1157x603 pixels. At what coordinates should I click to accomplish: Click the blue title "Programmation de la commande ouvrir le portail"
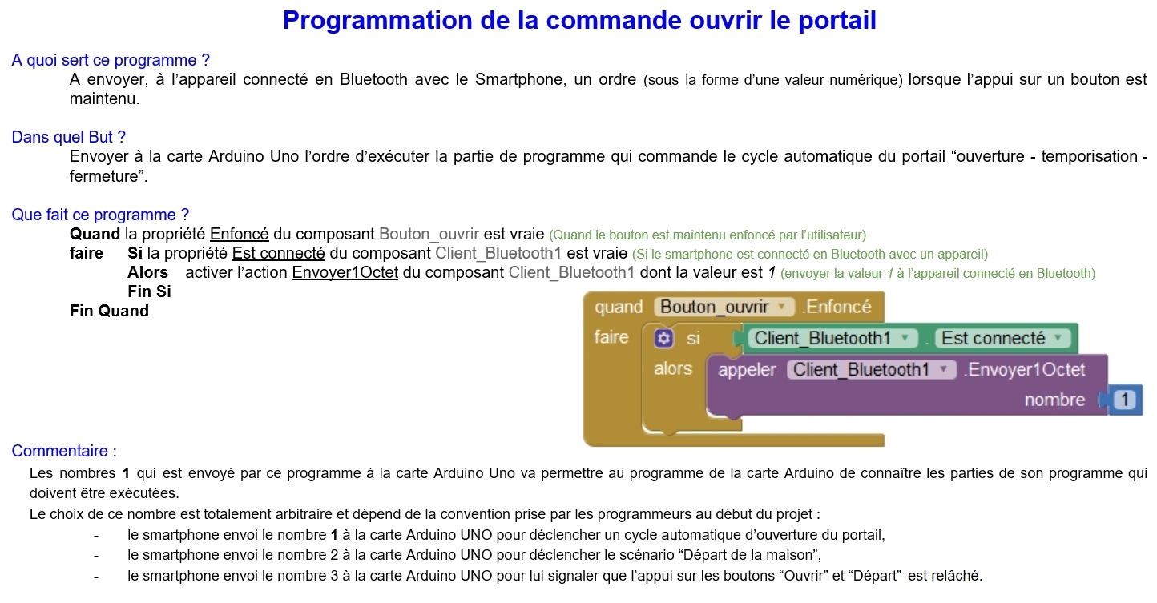pos(579,21)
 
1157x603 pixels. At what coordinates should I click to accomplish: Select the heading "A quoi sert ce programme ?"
pos(111,60)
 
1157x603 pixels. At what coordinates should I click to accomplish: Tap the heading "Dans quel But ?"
pos(69,137)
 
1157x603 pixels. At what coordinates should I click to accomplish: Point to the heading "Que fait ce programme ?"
pos(100,215)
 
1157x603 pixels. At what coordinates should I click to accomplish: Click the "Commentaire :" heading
pos(64,451)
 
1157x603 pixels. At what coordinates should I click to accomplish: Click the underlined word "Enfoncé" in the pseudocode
pos(239,234)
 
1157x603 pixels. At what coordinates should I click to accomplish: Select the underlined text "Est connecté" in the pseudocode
pos(278,253)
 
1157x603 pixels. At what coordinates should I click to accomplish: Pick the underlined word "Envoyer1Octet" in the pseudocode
pos(345,272)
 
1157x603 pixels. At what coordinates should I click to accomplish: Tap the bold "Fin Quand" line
pos(109,311)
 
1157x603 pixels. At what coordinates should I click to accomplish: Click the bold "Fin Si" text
pos(149,291)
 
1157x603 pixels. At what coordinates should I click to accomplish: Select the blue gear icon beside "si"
pos(663,339)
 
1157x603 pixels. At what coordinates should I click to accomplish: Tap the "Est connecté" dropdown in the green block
pos(1002,338)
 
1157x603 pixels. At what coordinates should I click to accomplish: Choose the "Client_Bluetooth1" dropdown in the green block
pos(832,338)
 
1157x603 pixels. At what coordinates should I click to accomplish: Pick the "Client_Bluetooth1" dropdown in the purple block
pos(872,370)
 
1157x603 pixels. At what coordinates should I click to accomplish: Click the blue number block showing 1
pos(1125,400)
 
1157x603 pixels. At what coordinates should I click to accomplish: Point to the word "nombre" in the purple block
pos(1054,400)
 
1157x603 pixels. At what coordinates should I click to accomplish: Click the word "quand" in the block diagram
pos(619,308)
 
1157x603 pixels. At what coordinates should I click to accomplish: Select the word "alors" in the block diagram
pos(673,368)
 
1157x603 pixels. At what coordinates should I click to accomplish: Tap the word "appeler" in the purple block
pos(747,370)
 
